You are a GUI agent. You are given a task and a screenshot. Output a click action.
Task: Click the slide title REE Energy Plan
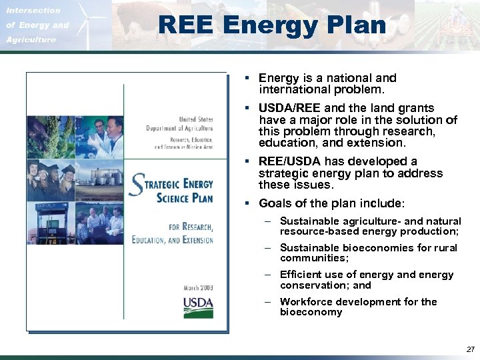pyautogui.click(x=271, y=25)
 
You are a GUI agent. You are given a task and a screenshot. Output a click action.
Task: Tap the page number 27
pyautogui.click(x=471, y=349)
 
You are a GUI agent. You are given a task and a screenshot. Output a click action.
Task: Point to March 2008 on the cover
pyautogui.click(x=198, y=288)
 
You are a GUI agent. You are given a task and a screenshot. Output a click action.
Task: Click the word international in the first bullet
pyautogui.click(x=292, y=89)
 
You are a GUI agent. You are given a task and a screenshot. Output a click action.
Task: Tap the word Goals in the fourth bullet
pyautogui.click(x=274, y=203)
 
